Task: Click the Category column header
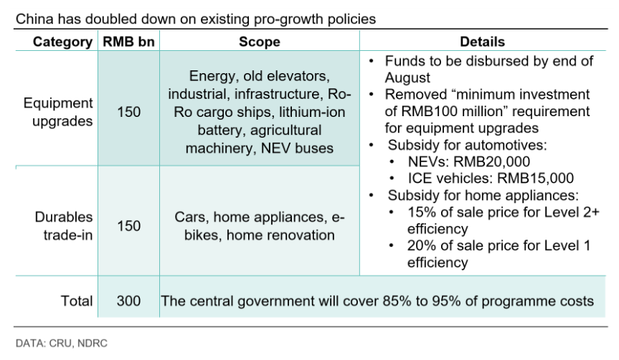[x=62, y=42]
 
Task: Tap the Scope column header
[x=259, y=42]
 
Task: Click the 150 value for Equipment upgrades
[x=128, y=112]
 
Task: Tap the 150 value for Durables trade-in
[x=128, y=226]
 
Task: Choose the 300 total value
[x=128, y=300]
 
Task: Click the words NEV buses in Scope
[x=308, y=148]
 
